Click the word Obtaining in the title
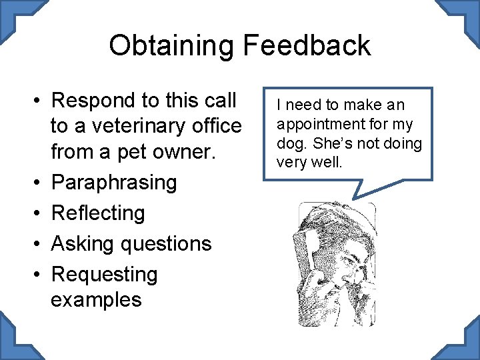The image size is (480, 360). tap(171, 45)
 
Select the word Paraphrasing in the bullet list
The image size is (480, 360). tap(113, 182)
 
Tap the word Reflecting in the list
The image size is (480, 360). tap(97, 213)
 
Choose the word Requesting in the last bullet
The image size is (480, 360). tap(104, 274)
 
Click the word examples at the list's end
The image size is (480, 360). tap(96, 299)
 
